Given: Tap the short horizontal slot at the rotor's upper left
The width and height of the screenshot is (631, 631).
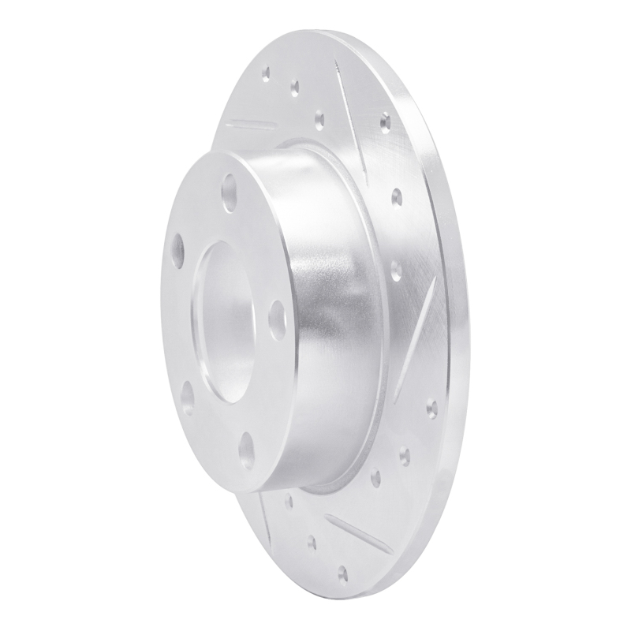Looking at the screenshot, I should coord(251,125).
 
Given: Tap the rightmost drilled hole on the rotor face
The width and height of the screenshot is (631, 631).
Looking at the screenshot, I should coord(431,409).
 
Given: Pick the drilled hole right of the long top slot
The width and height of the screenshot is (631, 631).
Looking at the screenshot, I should coord(385,123).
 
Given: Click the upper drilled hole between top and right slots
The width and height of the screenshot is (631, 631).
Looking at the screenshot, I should coord(396,196).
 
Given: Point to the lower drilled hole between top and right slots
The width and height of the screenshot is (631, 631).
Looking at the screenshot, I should coord(396,270).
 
